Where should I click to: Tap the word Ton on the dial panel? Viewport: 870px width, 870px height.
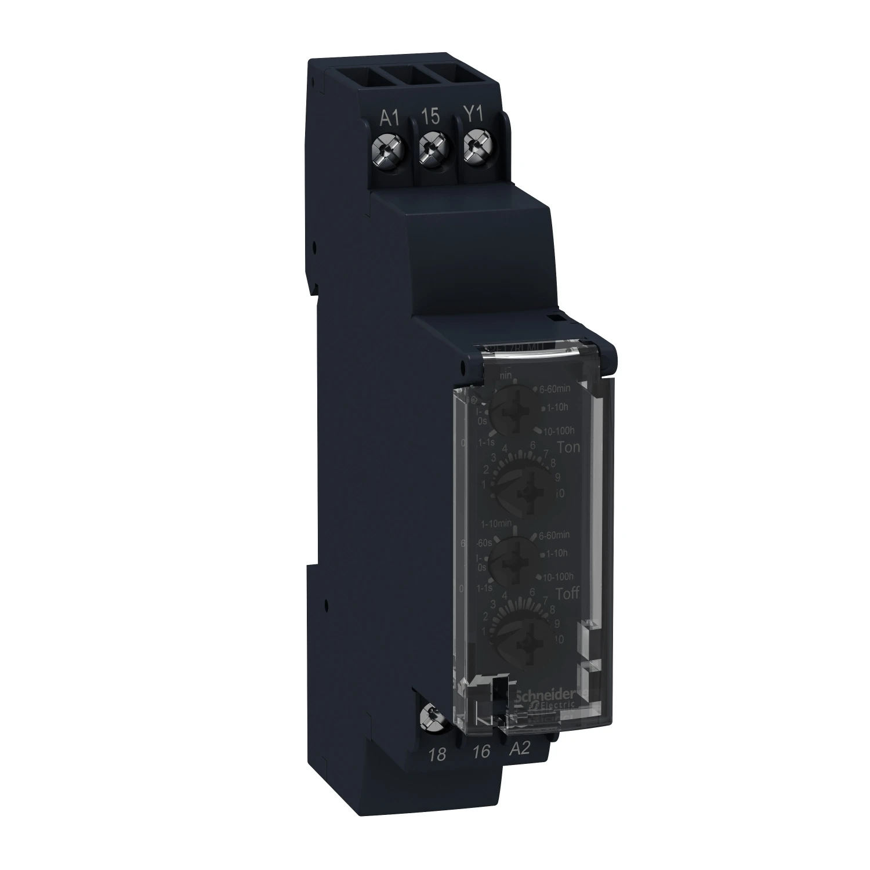pyautogui.click(x=552, y=447)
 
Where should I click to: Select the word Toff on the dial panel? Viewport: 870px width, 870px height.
pyautogui.click(x=552, y=593)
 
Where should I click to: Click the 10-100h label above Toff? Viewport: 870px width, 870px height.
pyautogui.click(x=557, y=577)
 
